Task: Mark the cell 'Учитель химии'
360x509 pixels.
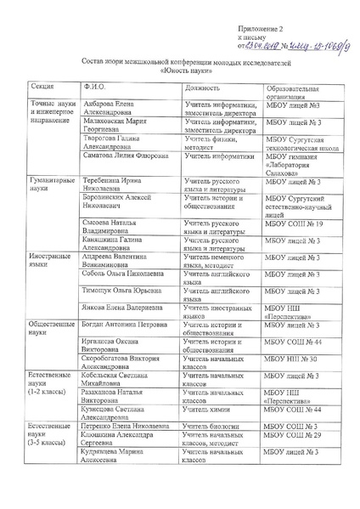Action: (x=206, y=410)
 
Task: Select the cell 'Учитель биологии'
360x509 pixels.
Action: (x=211, y=426)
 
